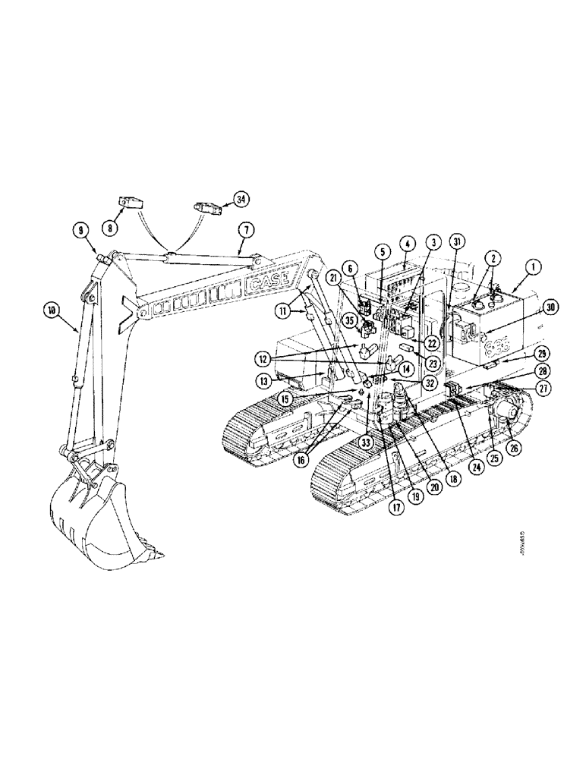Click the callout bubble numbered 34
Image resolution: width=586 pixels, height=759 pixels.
tap(241, 199)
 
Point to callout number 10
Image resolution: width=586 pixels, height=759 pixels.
tap(51, 309)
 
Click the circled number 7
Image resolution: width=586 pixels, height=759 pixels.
tap(244, 228)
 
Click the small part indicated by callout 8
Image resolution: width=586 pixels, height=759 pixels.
tap(131, 203)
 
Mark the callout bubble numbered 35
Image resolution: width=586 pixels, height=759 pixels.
tap(350, 320)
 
